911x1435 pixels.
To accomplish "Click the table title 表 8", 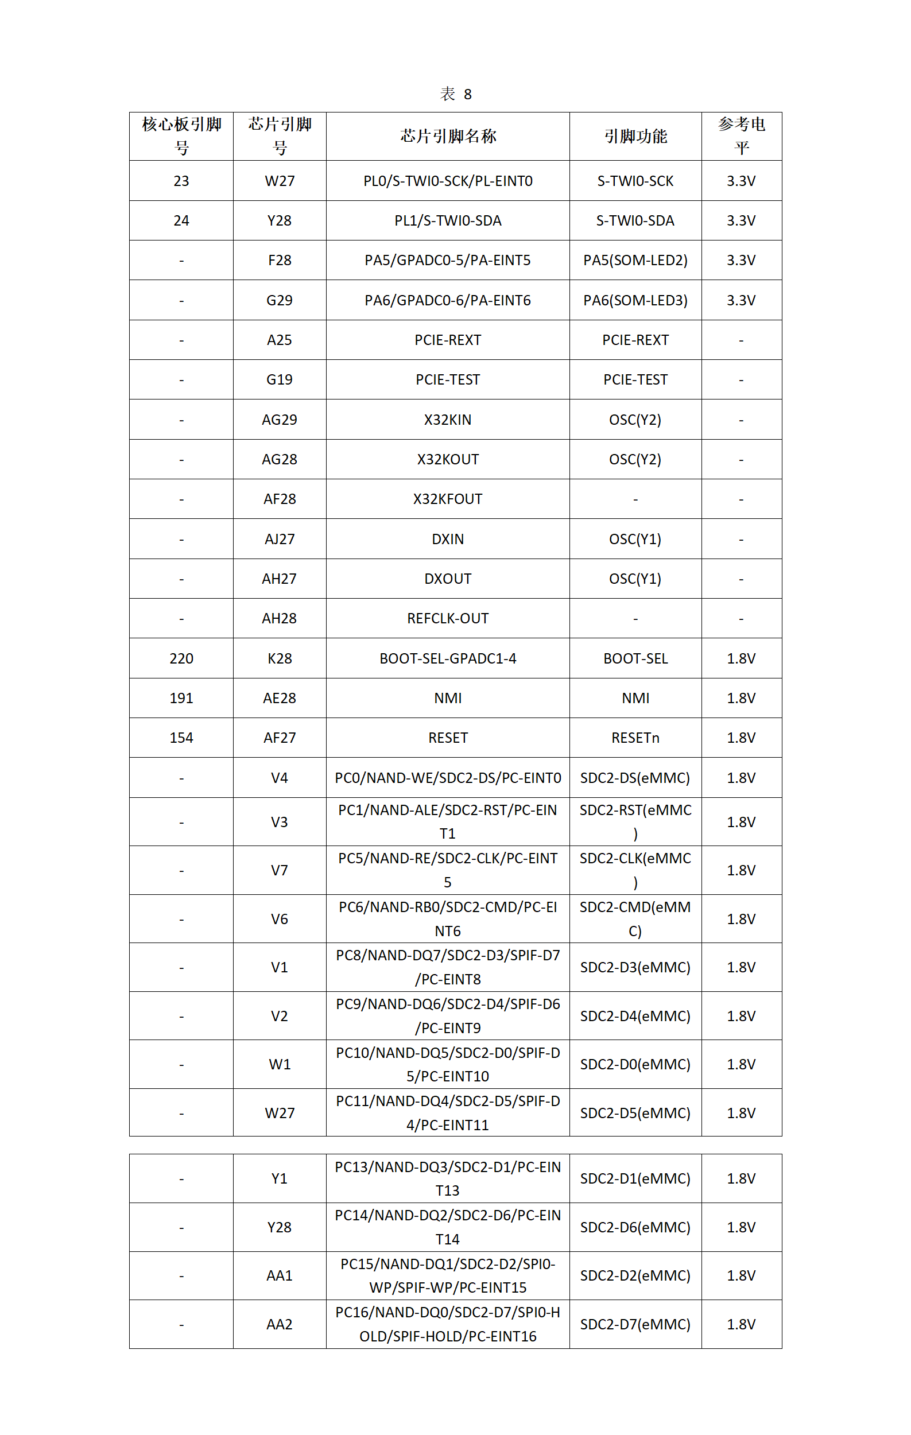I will click(x=455, y=94).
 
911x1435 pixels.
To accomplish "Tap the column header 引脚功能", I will click(x=635, y=137).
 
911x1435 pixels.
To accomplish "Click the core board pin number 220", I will click(x=181, y=658).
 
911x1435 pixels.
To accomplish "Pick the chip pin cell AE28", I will click(x=279, y=698).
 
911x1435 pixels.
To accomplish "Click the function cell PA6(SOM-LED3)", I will click(x=635, y=300).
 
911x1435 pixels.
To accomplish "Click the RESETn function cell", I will click(x=635, y=738).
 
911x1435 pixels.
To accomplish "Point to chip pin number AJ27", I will click(x=279, y=539).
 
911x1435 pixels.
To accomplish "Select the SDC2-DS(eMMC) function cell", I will click(x=635, y=778).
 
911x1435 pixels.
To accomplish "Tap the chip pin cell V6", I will click(x=279, y=919).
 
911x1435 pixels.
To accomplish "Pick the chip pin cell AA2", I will click(x=279, y=1324).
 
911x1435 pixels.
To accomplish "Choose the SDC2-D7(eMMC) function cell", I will click(x=635, y=1324).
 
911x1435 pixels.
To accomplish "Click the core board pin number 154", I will click(x=181, y=738).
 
